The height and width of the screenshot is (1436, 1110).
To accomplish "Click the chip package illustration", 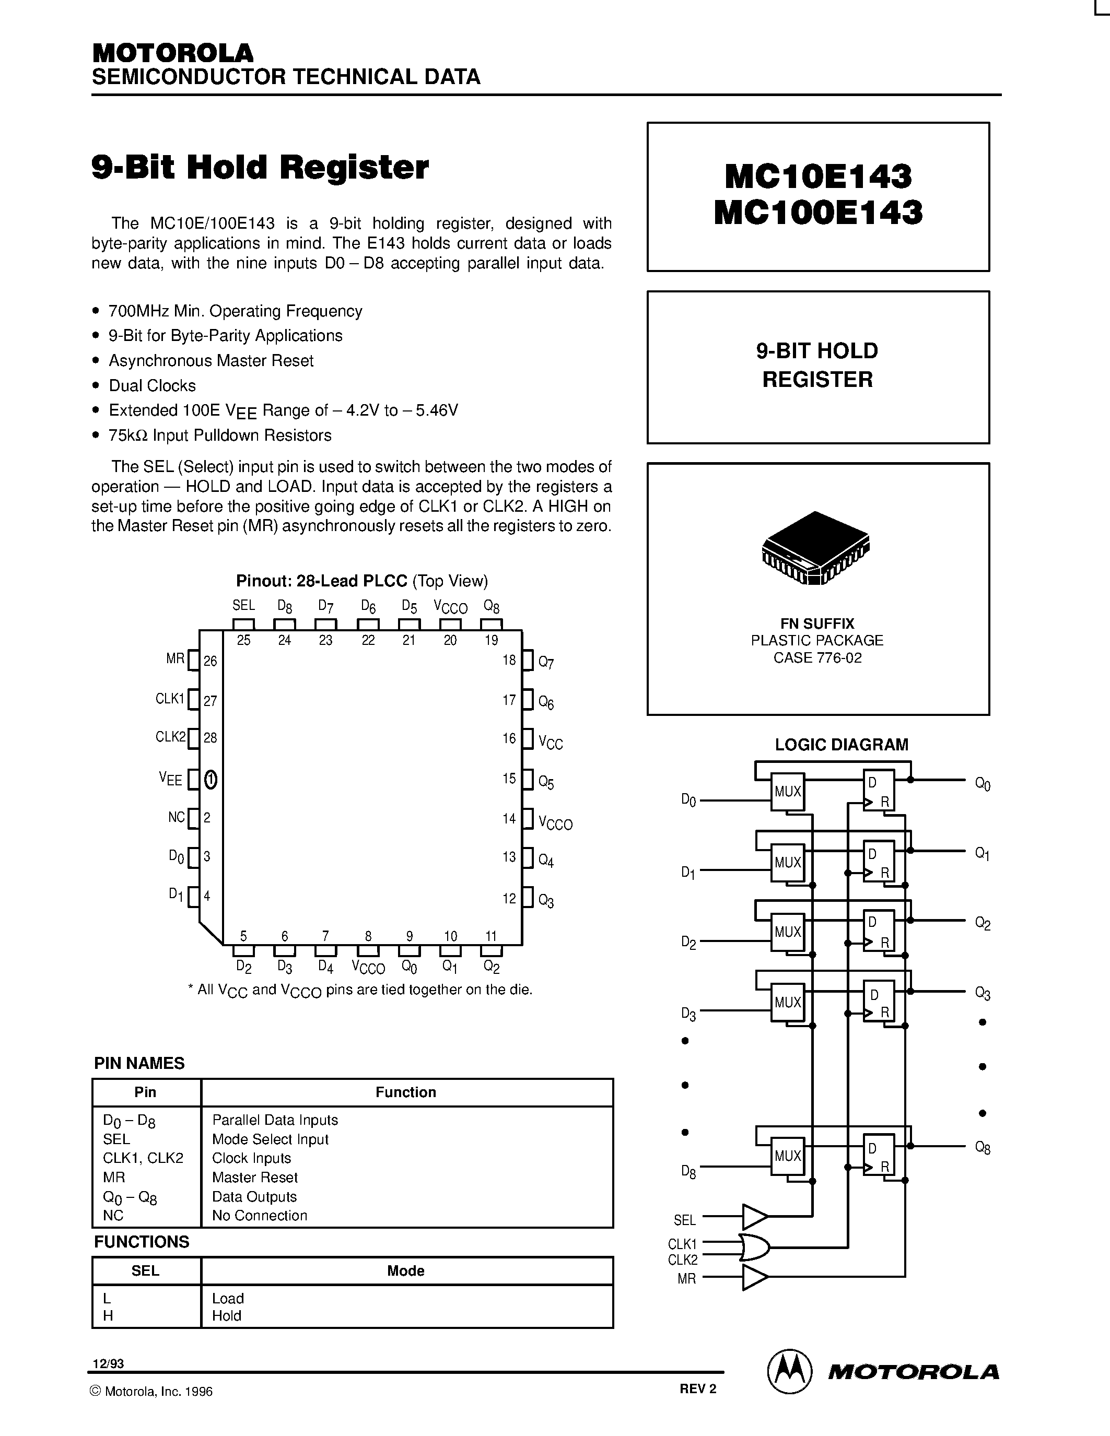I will click(815, 548).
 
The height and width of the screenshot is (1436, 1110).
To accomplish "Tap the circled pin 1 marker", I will click(211, 780).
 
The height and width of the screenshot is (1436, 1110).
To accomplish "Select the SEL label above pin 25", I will click(243, 606).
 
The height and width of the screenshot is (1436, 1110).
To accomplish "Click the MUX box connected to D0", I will click(787, 792).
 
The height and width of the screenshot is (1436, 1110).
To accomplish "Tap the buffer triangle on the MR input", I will click(754, 1278).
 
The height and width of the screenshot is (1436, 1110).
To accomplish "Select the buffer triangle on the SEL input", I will click(754, 1217).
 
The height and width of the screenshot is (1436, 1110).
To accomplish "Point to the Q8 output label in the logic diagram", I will click(983, 1148).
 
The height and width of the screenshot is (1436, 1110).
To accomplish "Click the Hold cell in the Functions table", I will click(227, 1316).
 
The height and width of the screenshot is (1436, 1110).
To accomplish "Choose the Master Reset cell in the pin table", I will click(255, 1177).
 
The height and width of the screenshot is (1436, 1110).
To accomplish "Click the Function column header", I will click(406, 1092).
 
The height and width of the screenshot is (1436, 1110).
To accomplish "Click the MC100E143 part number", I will click(818, 213).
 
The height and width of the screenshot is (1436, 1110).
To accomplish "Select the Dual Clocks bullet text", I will click(153, 385).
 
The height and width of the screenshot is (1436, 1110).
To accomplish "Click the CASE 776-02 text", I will click(817, 657).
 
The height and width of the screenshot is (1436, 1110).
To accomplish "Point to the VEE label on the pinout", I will click(170, 779).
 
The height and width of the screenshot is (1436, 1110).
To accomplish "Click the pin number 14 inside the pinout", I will click(509, 819).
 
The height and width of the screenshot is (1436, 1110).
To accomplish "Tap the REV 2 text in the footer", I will click(698, 1388).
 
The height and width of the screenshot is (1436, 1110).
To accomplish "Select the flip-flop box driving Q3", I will click(879, 1003).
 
